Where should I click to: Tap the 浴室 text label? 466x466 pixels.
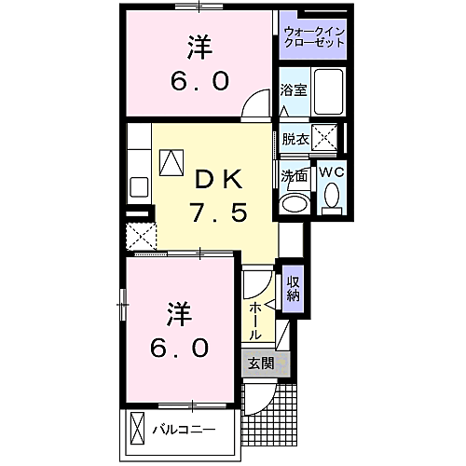tap(294, 90)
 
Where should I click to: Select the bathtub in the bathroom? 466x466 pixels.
tap(329, 90)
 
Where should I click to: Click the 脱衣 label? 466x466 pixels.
tap(295, 139)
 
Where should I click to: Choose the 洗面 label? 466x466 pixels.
tap(295, 174)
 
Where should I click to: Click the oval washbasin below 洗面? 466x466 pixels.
tap(296, 202)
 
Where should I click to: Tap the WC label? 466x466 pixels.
tap(332, 173)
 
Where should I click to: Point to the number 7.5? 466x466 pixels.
tap(220, 213)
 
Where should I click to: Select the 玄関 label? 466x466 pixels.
tap(260, 363)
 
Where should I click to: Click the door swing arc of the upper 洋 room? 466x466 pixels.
tap(253, 107)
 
